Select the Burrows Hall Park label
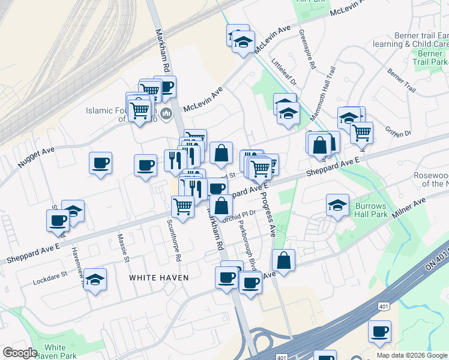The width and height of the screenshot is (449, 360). tap(371, 209)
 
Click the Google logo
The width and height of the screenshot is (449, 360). tap(20, 353)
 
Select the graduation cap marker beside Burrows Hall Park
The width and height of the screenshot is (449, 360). tap(338, 204)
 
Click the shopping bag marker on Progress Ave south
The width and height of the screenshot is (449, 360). tap(283, 260)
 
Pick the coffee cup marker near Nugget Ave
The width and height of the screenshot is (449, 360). tap(100, 163)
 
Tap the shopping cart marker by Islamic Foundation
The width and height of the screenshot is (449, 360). tap(139, 110)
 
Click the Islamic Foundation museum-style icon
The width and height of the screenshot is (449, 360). tap(166, 113)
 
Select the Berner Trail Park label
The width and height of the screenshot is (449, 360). tap(429, 58)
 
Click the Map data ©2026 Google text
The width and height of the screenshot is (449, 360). tap(412, 355)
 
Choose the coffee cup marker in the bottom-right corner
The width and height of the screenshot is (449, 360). tap(379, 331)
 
